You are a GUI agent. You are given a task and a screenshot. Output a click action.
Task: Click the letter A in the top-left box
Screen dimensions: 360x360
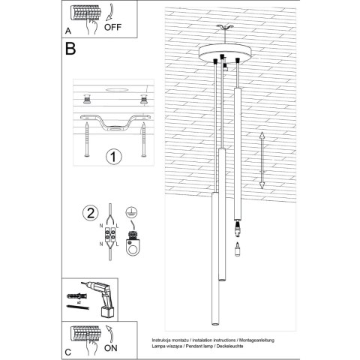pyautogui.click(x=69, y=32)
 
